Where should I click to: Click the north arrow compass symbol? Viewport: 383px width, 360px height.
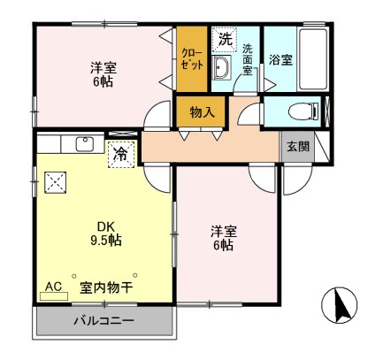[x=342, y=308]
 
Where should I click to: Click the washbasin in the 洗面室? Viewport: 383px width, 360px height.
[x=222, y=72]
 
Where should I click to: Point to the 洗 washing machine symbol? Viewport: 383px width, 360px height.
[x=225, y=39]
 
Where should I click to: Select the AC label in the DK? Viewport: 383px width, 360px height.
[x=53, y=287]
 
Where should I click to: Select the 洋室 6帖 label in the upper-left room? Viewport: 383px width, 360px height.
[x=103, y=75]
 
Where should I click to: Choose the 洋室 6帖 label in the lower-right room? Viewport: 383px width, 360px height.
[x=222, y=238]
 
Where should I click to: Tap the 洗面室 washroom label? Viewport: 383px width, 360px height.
[x=248, y=60]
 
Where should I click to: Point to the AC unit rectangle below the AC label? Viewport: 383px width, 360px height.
[x=53, y=296]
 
